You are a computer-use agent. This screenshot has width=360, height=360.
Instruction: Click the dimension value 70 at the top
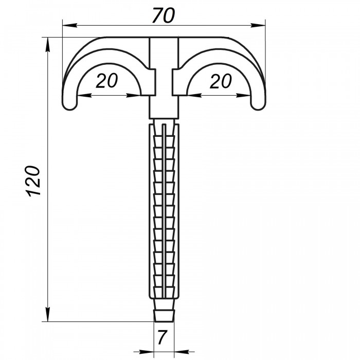pos(164,15)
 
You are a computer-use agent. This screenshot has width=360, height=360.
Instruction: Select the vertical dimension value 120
pos(33,181)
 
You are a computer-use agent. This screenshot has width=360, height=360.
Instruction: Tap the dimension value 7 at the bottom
pos(162,337)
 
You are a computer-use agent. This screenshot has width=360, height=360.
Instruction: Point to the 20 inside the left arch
pos(106,81)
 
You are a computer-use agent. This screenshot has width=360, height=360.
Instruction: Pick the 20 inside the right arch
pos(221,81)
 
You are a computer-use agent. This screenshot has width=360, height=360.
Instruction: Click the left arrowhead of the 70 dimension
pos(69,25)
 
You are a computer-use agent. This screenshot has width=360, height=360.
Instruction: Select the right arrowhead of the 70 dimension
pos(258,25)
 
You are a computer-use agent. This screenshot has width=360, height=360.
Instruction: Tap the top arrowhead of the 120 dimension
pos(48,45)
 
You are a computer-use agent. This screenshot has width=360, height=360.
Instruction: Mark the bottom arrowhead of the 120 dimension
pos(48,314)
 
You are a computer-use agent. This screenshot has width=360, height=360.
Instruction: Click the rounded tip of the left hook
pos(70,104)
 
